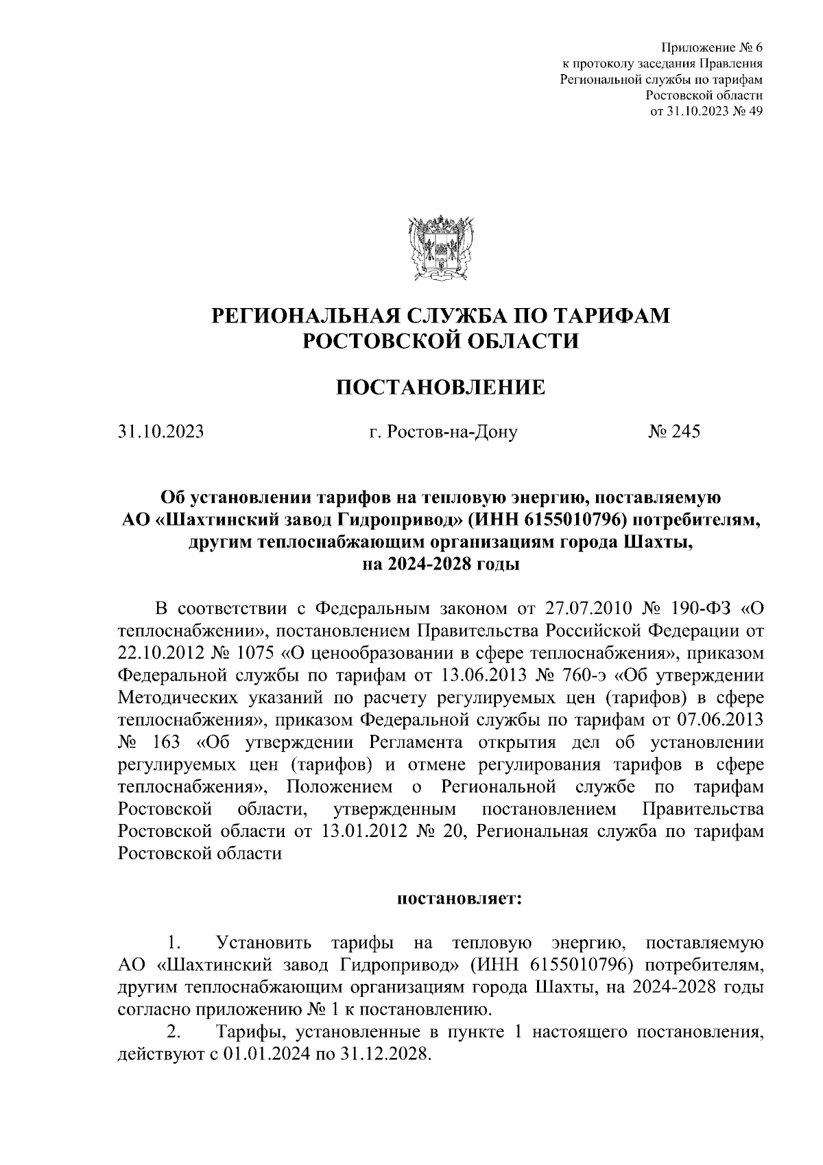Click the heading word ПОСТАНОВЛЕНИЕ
tap(440, 388)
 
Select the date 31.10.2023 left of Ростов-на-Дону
tap(160, 432)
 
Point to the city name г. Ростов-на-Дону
tap(442, 432)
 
